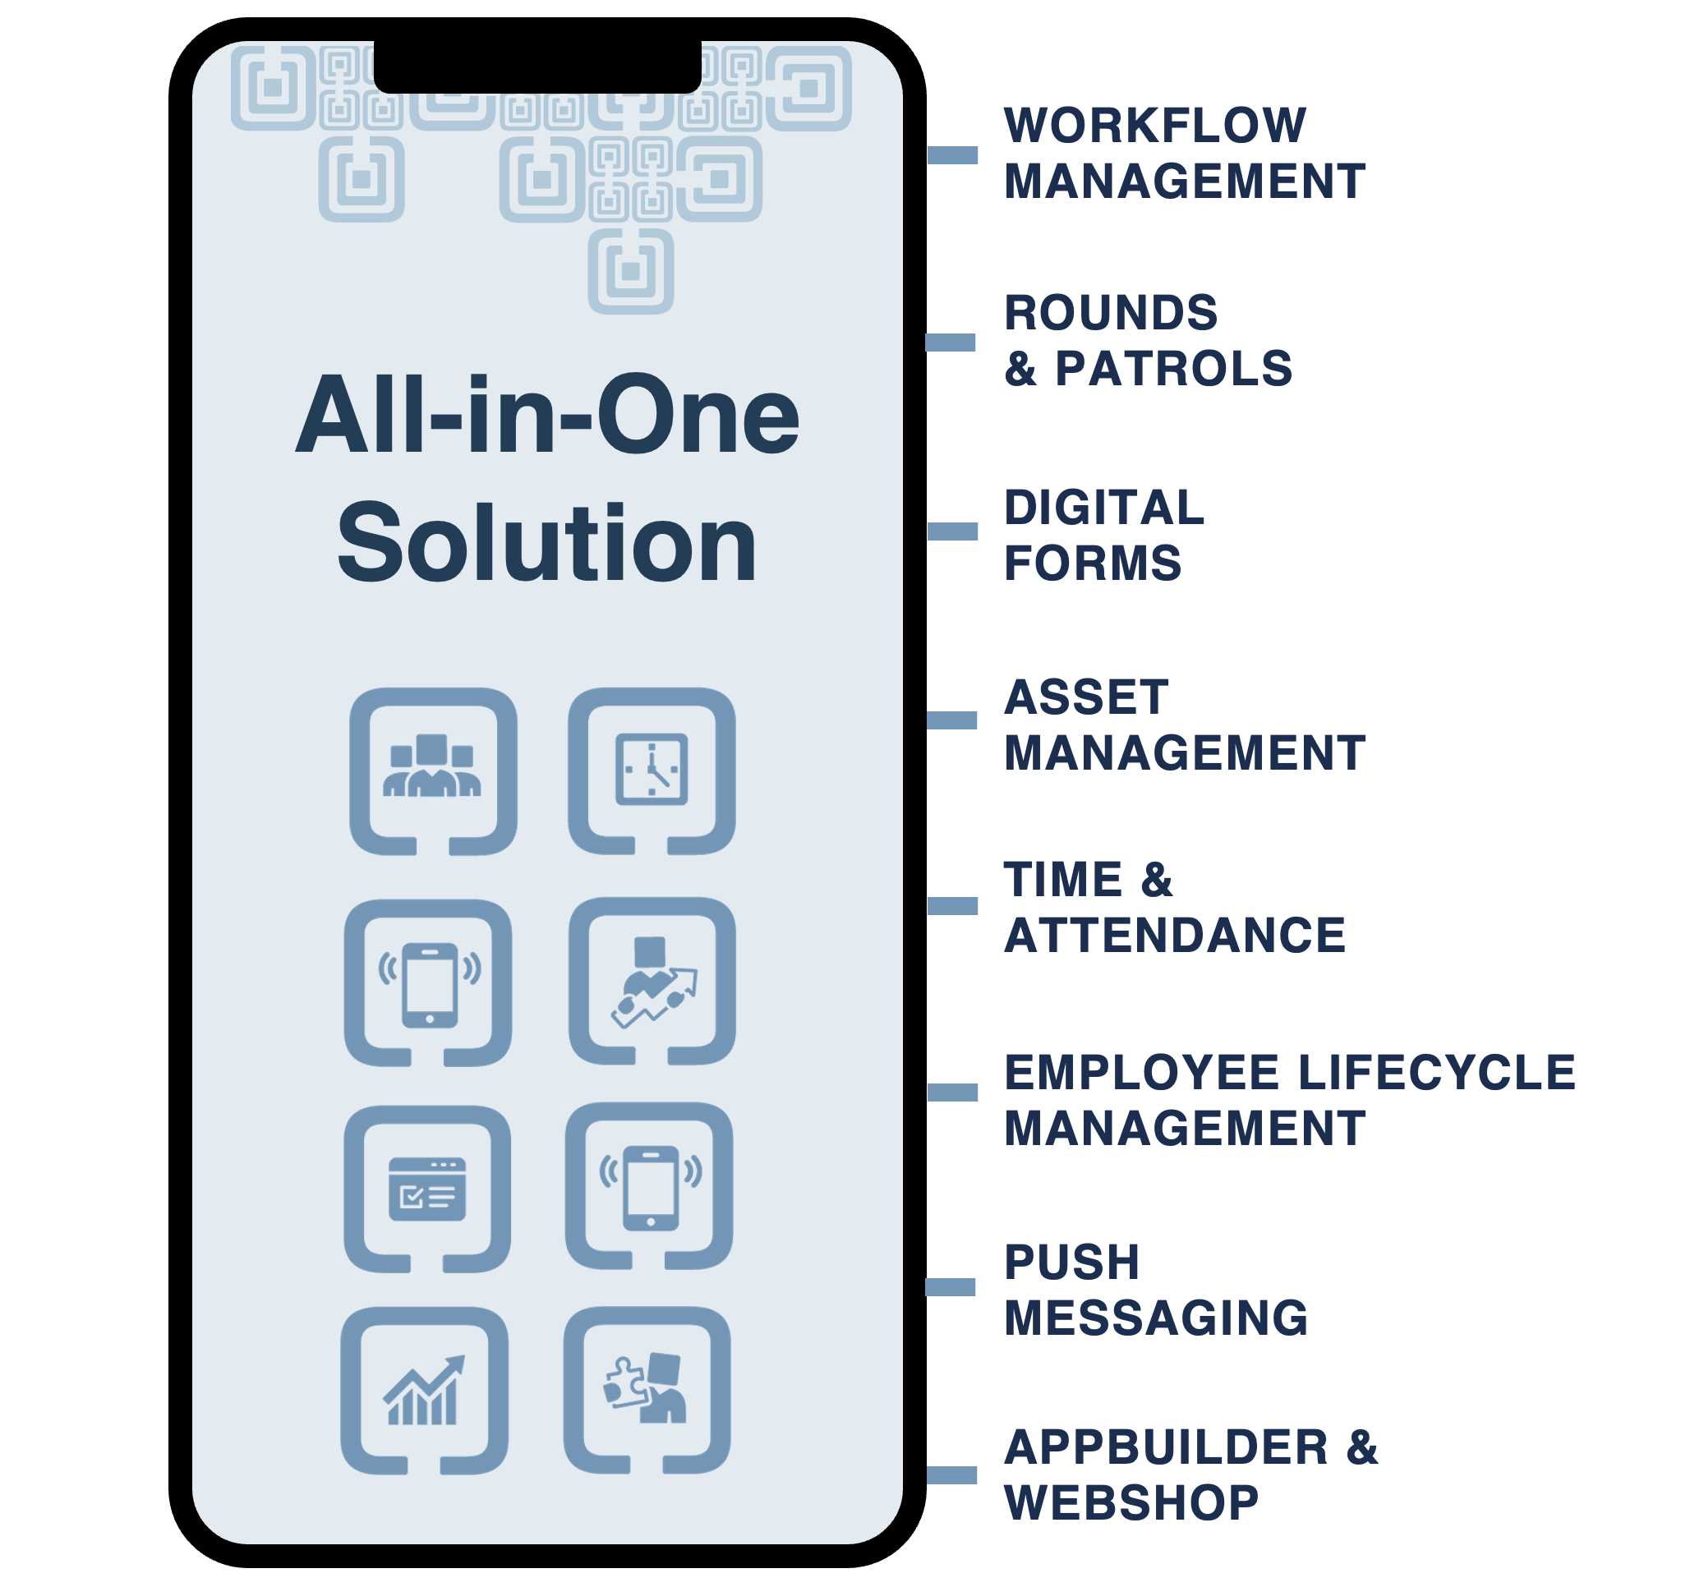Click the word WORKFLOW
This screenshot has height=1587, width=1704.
1154,126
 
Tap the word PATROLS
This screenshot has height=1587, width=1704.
1172,370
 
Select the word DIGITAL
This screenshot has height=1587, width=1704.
1104,508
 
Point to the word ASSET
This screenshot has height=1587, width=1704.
1086,697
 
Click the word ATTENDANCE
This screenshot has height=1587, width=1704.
1174,935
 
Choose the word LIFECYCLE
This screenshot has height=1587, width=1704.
1437,1072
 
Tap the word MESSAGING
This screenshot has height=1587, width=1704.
1155,1317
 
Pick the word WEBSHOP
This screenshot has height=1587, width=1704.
1131,1502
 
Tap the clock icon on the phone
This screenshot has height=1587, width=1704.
652,769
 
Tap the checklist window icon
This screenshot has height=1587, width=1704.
427,1189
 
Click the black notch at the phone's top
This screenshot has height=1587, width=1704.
537,67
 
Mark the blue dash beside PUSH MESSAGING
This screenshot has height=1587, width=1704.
951,1287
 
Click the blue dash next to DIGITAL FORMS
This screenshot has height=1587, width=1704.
952,531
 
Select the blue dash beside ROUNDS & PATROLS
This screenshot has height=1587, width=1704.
951,343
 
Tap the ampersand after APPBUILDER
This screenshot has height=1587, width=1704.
1362,1447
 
